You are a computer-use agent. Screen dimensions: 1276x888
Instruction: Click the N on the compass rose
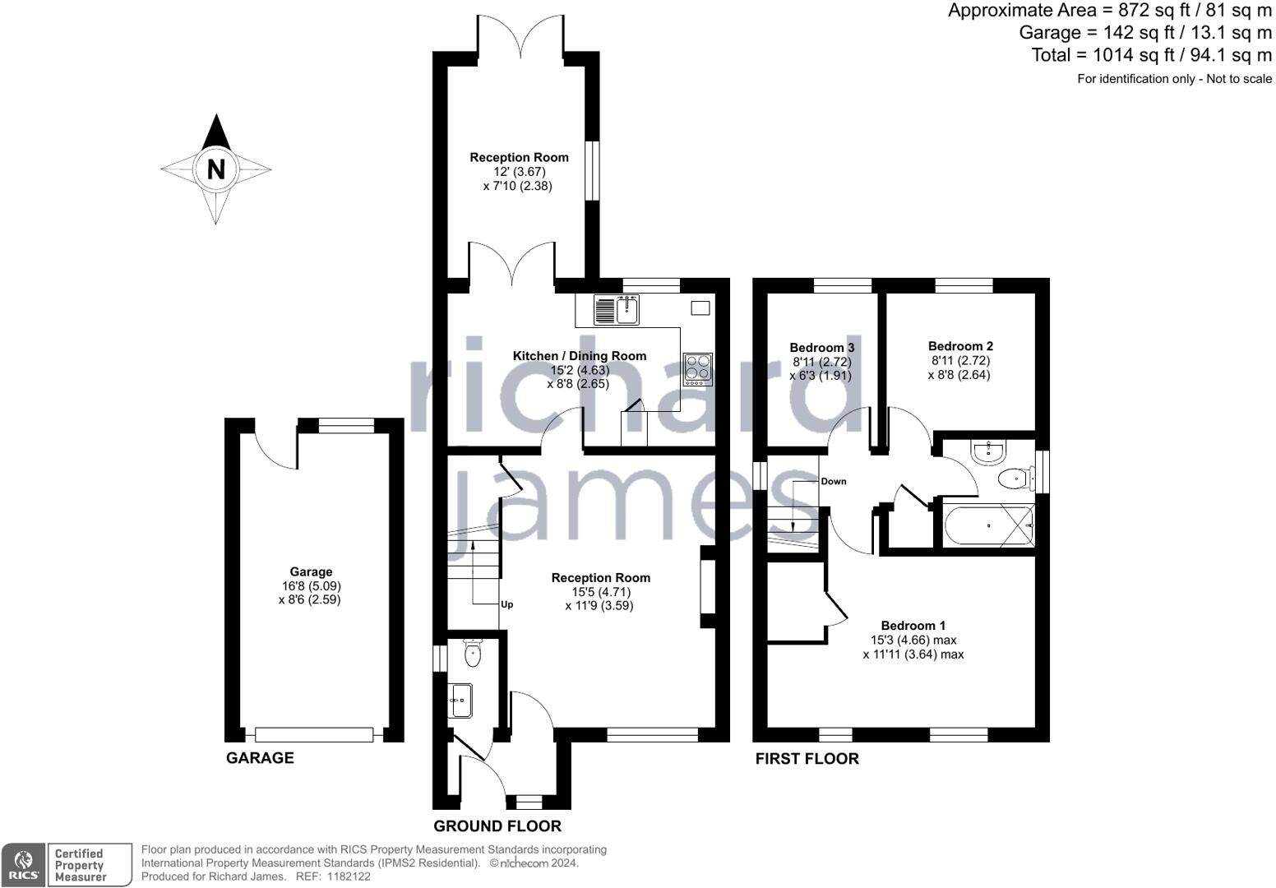click(216, 169)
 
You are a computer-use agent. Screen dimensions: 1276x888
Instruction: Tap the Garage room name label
click(311, 571)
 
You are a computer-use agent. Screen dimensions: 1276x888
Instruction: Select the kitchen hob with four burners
click(698, 369)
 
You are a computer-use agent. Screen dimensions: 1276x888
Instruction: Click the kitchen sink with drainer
click(617, 309)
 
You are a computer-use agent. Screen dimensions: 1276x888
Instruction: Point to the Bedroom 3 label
click(821, 348)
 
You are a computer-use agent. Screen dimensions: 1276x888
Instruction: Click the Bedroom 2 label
click(960, 346)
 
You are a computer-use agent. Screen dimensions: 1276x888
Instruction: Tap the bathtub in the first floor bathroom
click(989, 525)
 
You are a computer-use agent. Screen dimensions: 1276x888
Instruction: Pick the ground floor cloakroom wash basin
click(461, 701)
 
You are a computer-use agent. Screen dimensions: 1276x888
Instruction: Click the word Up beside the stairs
click(507, 604)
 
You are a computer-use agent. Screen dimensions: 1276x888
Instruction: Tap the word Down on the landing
click(834, 481)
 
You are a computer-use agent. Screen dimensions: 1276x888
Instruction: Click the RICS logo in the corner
click(23, 865)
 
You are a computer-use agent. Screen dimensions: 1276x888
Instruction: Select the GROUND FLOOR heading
click(497, 826)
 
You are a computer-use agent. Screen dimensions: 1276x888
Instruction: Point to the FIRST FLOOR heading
click(807, 759)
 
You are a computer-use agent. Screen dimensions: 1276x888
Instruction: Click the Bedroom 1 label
click(913, 626)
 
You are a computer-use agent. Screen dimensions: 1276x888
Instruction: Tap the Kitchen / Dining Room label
click(580, 356)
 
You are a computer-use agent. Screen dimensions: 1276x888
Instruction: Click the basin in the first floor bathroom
click(989, 451)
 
